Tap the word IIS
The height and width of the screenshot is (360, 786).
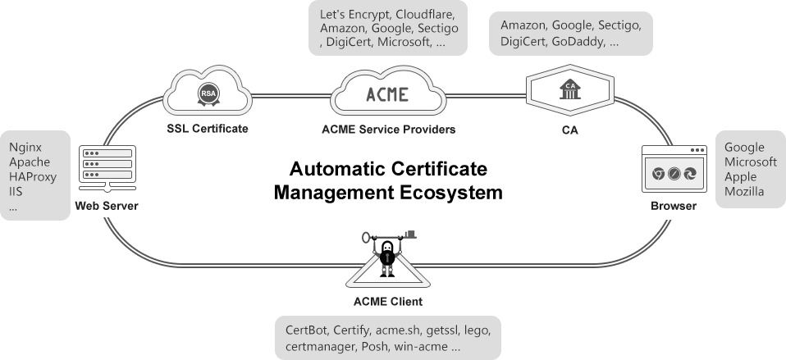point(16,192)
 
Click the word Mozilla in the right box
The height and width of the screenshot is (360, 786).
point(744,192)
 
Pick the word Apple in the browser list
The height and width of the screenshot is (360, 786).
point(741,177)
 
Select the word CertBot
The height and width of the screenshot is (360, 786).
point(308,331)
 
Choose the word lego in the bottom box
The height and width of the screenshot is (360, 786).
point(476,331)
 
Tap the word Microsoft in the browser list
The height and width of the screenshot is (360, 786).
point(750,162)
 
